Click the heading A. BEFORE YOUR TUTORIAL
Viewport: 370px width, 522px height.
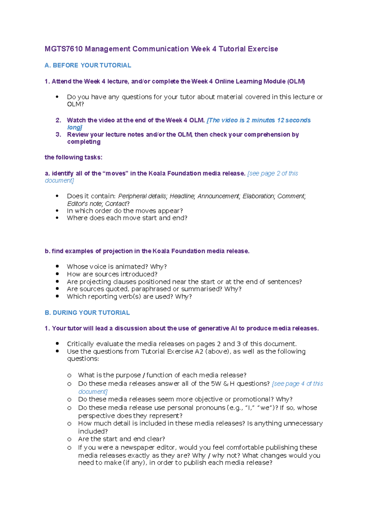tap(88, 65)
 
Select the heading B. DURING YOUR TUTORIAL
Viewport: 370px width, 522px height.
tap(87, 313)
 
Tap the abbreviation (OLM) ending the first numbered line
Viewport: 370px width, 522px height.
tap(296, 82)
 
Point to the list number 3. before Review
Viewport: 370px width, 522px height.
tap(58, 135)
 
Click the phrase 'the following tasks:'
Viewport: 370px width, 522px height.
tap(73, 157)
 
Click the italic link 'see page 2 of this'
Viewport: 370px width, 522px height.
tap(273, 173)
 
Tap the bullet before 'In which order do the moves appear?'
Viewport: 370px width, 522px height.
tap(57, 211)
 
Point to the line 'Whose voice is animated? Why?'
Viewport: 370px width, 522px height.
tap(117, 267)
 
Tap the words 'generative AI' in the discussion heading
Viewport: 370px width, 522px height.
tap(217, 328)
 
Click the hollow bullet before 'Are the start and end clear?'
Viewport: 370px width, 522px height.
tap(69, 439)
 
